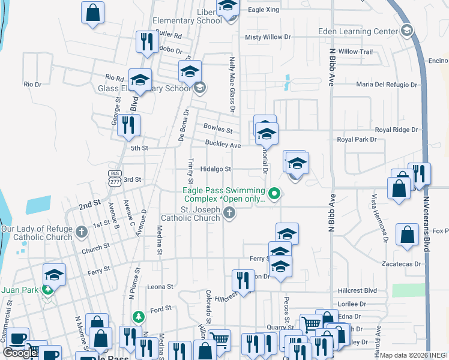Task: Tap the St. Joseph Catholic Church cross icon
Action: click(229, 212)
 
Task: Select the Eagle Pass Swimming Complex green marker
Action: click(275, 193)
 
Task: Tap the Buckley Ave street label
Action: click(222, 145)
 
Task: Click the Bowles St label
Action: click(218, 129)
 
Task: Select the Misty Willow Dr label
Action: click(268, 37)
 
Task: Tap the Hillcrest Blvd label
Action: click(357, 290)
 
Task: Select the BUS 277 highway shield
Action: click(114, 176)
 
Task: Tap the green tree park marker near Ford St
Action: click(139, 316)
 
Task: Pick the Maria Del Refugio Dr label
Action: click(386, 85)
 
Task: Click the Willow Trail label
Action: click(355, 52)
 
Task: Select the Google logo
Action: click(20, 353)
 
